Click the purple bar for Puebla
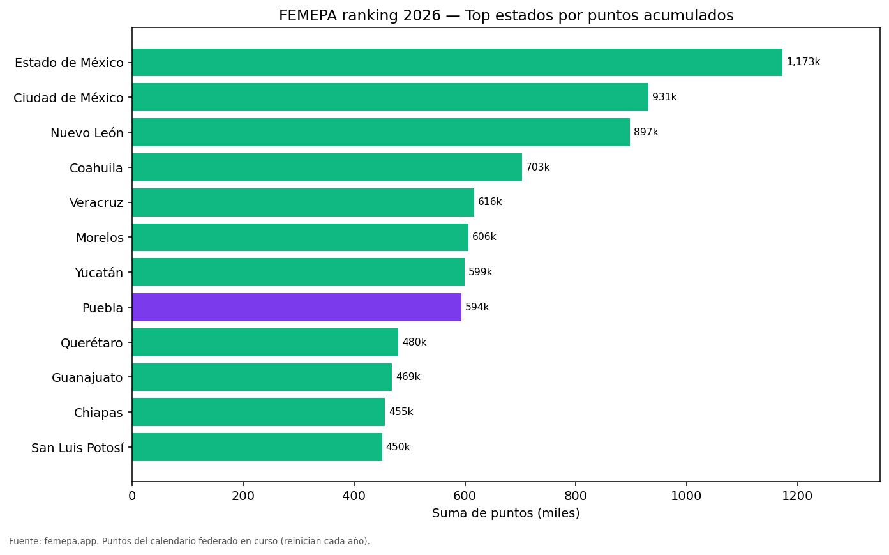click(x=297, y=307)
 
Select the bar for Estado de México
click(x=457, y=63)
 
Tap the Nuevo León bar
click(x=381, y=132)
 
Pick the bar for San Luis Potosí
click(x=257, y=447)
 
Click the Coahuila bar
click(x=327, y=167)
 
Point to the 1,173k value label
click(x=803, y=62)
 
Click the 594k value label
click(x=477, y=307)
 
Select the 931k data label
click(x=664, y=97)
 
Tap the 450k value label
click(x=398, y=447)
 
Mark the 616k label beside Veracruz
click(x=489, y=202)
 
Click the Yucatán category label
click(x=99, y=273)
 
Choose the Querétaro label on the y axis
click(x=92, y=343)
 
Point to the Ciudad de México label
click(x=68, y=98)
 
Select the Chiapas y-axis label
click(x=98, y=413)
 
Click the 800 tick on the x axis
click(x=576, y=496)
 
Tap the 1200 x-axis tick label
click(x=797, y=496)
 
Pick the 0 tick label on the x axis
click(x=132, y=496)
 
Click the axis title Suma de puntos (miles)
click(x=505, y=513)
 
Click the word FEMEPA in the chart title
click(x=308, y=15)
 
